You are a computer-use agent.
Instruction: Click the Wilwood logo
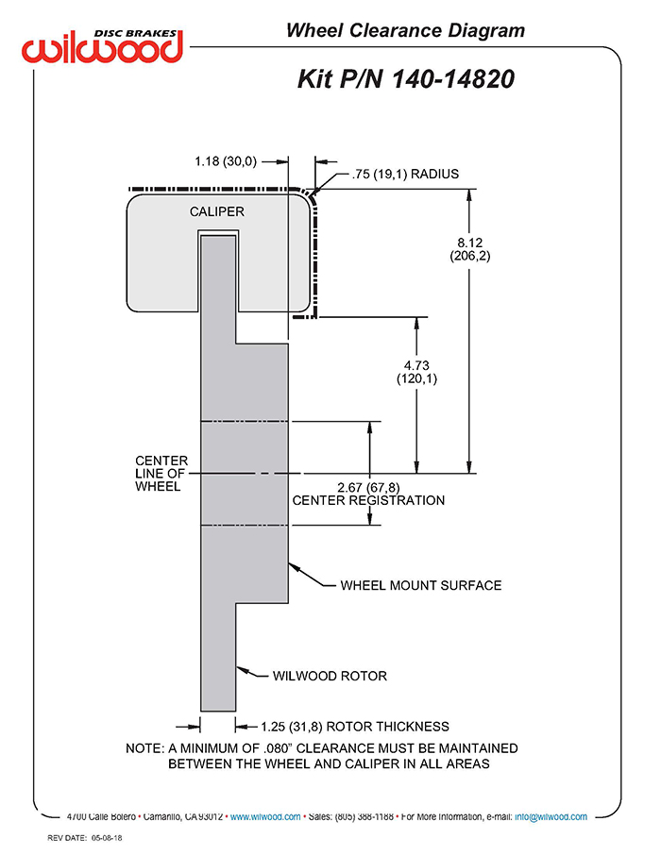[102, 46]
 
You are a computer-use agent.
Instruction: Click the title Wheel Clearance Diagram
[405, 30]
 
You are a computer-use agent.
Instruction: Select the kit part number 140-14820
[453, 79]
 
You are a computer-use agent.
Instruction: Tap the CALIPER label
[216, 211]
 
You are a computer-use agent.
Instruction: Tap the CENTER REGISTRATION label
[368, 500]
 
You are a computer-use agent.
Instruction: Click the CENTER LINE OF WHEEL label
[161, 474]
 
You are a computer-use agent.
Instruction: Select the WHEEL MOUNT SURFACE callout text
[421, 585]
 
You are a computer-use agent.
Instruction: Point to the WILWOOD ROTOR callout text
[330, 676]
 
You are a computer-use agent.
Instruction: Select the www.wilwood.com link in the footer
[265, 816]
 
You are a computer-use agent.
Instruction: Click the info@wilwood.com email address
[551, 816]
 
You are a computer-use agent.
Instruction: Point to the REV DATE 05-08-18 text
[85, 838]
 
